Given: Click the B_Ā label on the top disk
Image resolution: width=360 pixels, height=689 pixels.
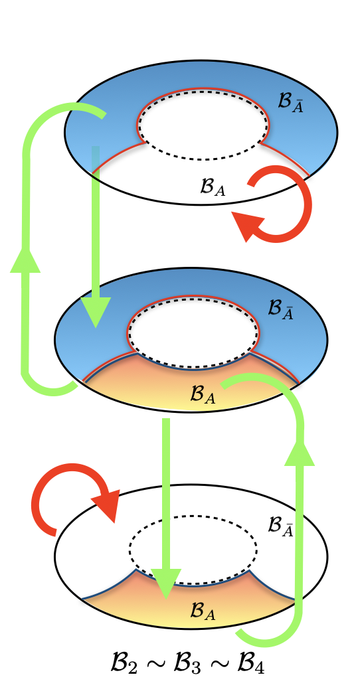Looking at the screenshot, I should point(291,103).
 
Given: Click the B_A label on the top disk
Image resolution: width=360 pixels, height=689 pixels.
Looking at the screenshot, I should point(213,187).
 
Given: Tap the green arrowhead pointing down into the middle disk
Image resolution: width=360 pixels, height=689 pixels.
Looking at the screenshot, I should point(96,313).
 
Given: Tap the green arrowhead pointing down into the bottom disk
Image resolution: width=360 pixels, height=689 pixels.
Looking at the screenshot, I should point(166,584).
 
